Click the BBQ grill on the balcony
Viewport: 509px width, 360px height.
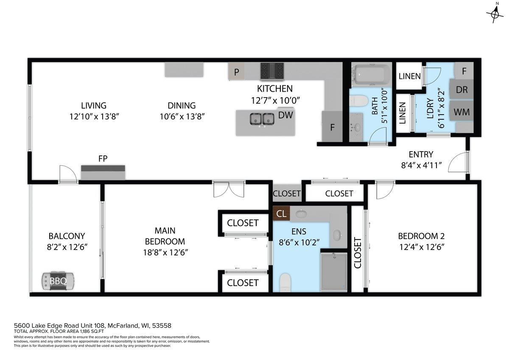[x=58, y=281]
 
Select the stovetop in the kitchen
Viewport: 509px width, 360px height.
[x=272, y=72]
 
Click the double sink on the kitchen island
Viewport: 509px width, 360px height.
[x=262, y=119]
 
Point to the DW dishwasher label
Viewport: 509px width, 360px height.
[x=285, y=115]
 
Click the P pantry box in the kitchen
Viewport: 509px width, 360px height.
[x=237, y=72]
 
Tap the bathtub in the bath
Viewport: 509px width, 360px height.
[x=371, y=75]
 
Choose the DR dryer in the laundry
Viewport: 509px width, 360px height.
[x=462, y=90]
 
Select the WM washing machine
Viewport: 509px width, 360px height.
[x=462, y=112]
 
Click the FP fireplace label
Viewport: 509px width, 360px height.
[x=103, y=158]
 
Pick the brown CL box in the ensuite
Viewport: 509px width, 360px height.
[x=281, y=214]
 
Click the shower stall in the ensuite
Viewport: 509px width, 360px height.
[x=334, y=272]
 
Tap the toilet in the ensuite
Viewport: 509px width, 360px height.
[x=285, y=282]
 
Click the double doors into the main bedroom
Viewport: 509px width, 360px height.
[x=229, y=189]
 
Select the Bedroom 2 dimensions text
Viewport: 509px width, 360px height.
[x=422, y=247]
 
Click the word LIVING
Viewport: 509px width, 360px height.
[x=94, y=106]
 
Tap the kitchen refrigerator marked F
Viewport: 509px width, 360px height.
[x=332, y=127]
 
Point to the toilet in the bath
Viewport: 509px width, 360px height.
[x=359, y=101]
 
